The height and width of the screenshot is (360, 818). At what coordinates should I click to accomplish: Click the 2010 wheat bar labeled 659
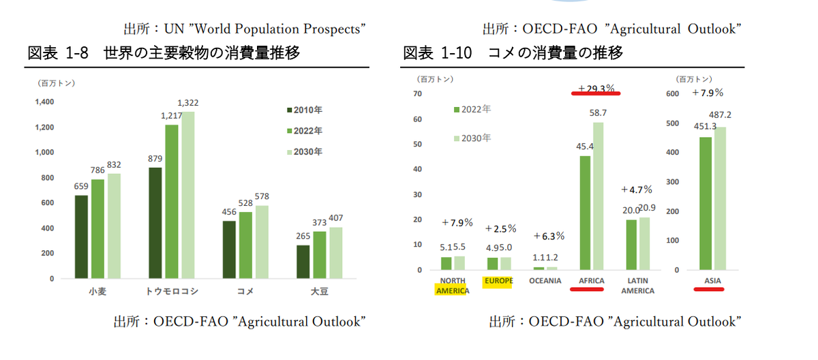(82, 237)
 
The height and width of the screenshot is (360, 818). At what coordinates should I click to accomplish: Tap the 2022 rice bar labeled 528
(245, 245)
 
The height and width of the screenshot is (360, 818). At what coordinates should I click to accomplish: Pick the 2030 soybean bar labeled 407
(336, 253)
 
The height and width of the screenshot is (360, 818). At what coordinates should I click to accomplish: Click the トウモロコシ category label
(172, 292)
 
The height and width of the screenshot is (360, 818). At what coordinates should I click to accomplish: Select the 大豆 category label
(320, 292)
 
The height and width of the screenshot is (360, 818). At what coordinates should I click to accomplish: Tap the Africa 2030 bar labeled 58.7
(598, 196)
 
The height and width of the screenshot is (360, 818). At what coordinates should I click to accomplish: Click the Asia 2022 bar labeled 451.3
(706, 203)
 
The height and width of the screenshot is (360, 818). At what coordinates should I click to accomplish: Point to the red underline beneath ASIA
(709, 289)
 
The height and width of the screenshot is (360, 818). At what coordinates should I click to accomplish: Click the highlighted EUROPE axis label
(499, 281)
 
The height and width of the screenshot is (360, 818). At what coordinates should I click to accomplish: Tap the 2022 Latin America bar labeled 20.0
(631, 244)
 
